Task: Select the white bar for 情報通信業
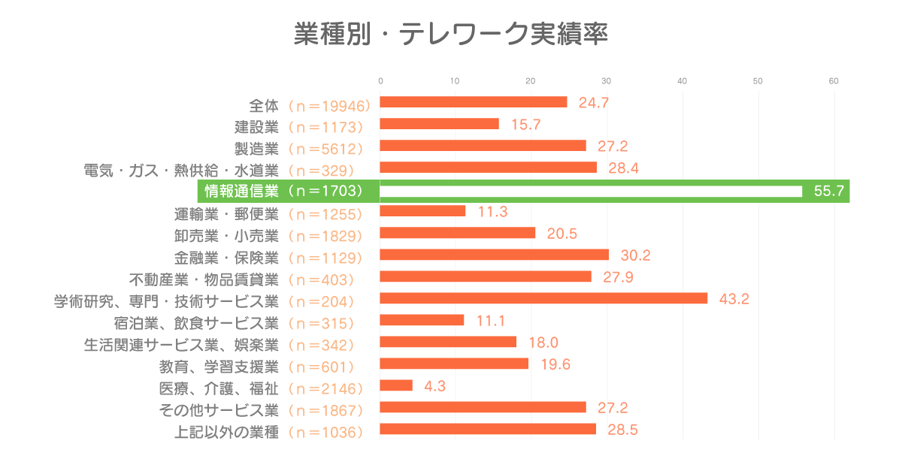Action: click(591, 192)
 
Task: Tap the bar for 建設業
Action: click(439, 124)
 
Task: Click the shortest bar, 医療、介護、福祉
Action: click(396, 385)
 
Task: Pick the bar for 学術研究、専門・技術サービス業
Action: click(543, 298)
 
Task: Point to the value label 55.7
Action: click(828, 192)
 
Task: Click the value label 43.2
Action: click(734, 299)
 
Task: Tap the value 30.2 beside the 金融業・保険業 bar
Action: click(635, 255)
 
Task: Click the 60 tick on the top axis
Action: click(834, 81)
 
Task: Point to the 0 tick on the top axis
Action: click(380, 81)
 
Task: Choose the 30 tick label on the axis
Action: click(607, 81)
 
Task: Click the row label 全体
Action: click(263, 103)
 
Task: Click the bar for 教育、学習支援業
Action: click(454, 364)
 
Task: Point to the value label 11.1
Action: click(490, 321)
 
